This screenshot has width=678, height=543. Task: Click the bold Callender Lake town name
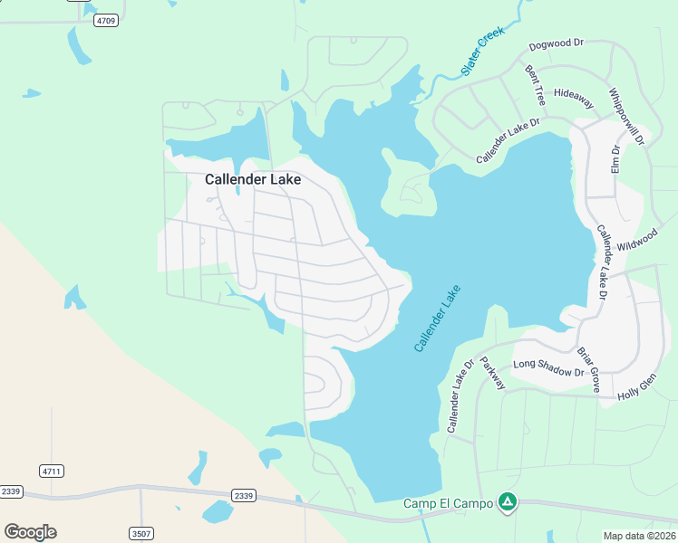252,179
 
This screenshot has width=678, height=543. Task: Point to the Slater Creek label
481,51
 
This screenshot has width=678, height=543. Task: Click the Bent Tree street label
535,84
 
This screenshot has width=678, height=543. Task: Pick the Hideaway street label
573,98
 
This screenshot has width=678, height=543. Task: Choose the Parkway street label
492,371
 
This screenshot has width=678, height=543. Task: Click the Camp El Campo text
448,503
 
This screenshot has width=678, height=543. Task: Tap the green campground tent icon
508,501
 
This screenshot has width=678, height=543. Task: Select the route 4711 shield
52,471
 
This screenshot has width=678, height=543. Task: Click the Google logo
30,532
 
